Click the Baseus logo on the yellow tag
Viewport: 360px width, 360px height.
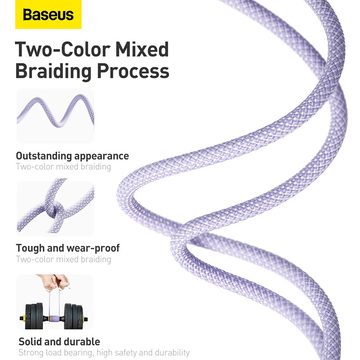pos(48,15)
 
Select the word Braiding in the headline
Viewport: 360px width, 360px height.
pos(56,71)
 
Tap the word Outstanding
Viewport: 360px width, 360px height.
pos(43,156)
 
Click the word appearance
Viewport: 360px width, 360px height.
pos(101,156)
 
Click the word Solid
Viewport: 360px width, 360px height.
pos(30,342)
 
